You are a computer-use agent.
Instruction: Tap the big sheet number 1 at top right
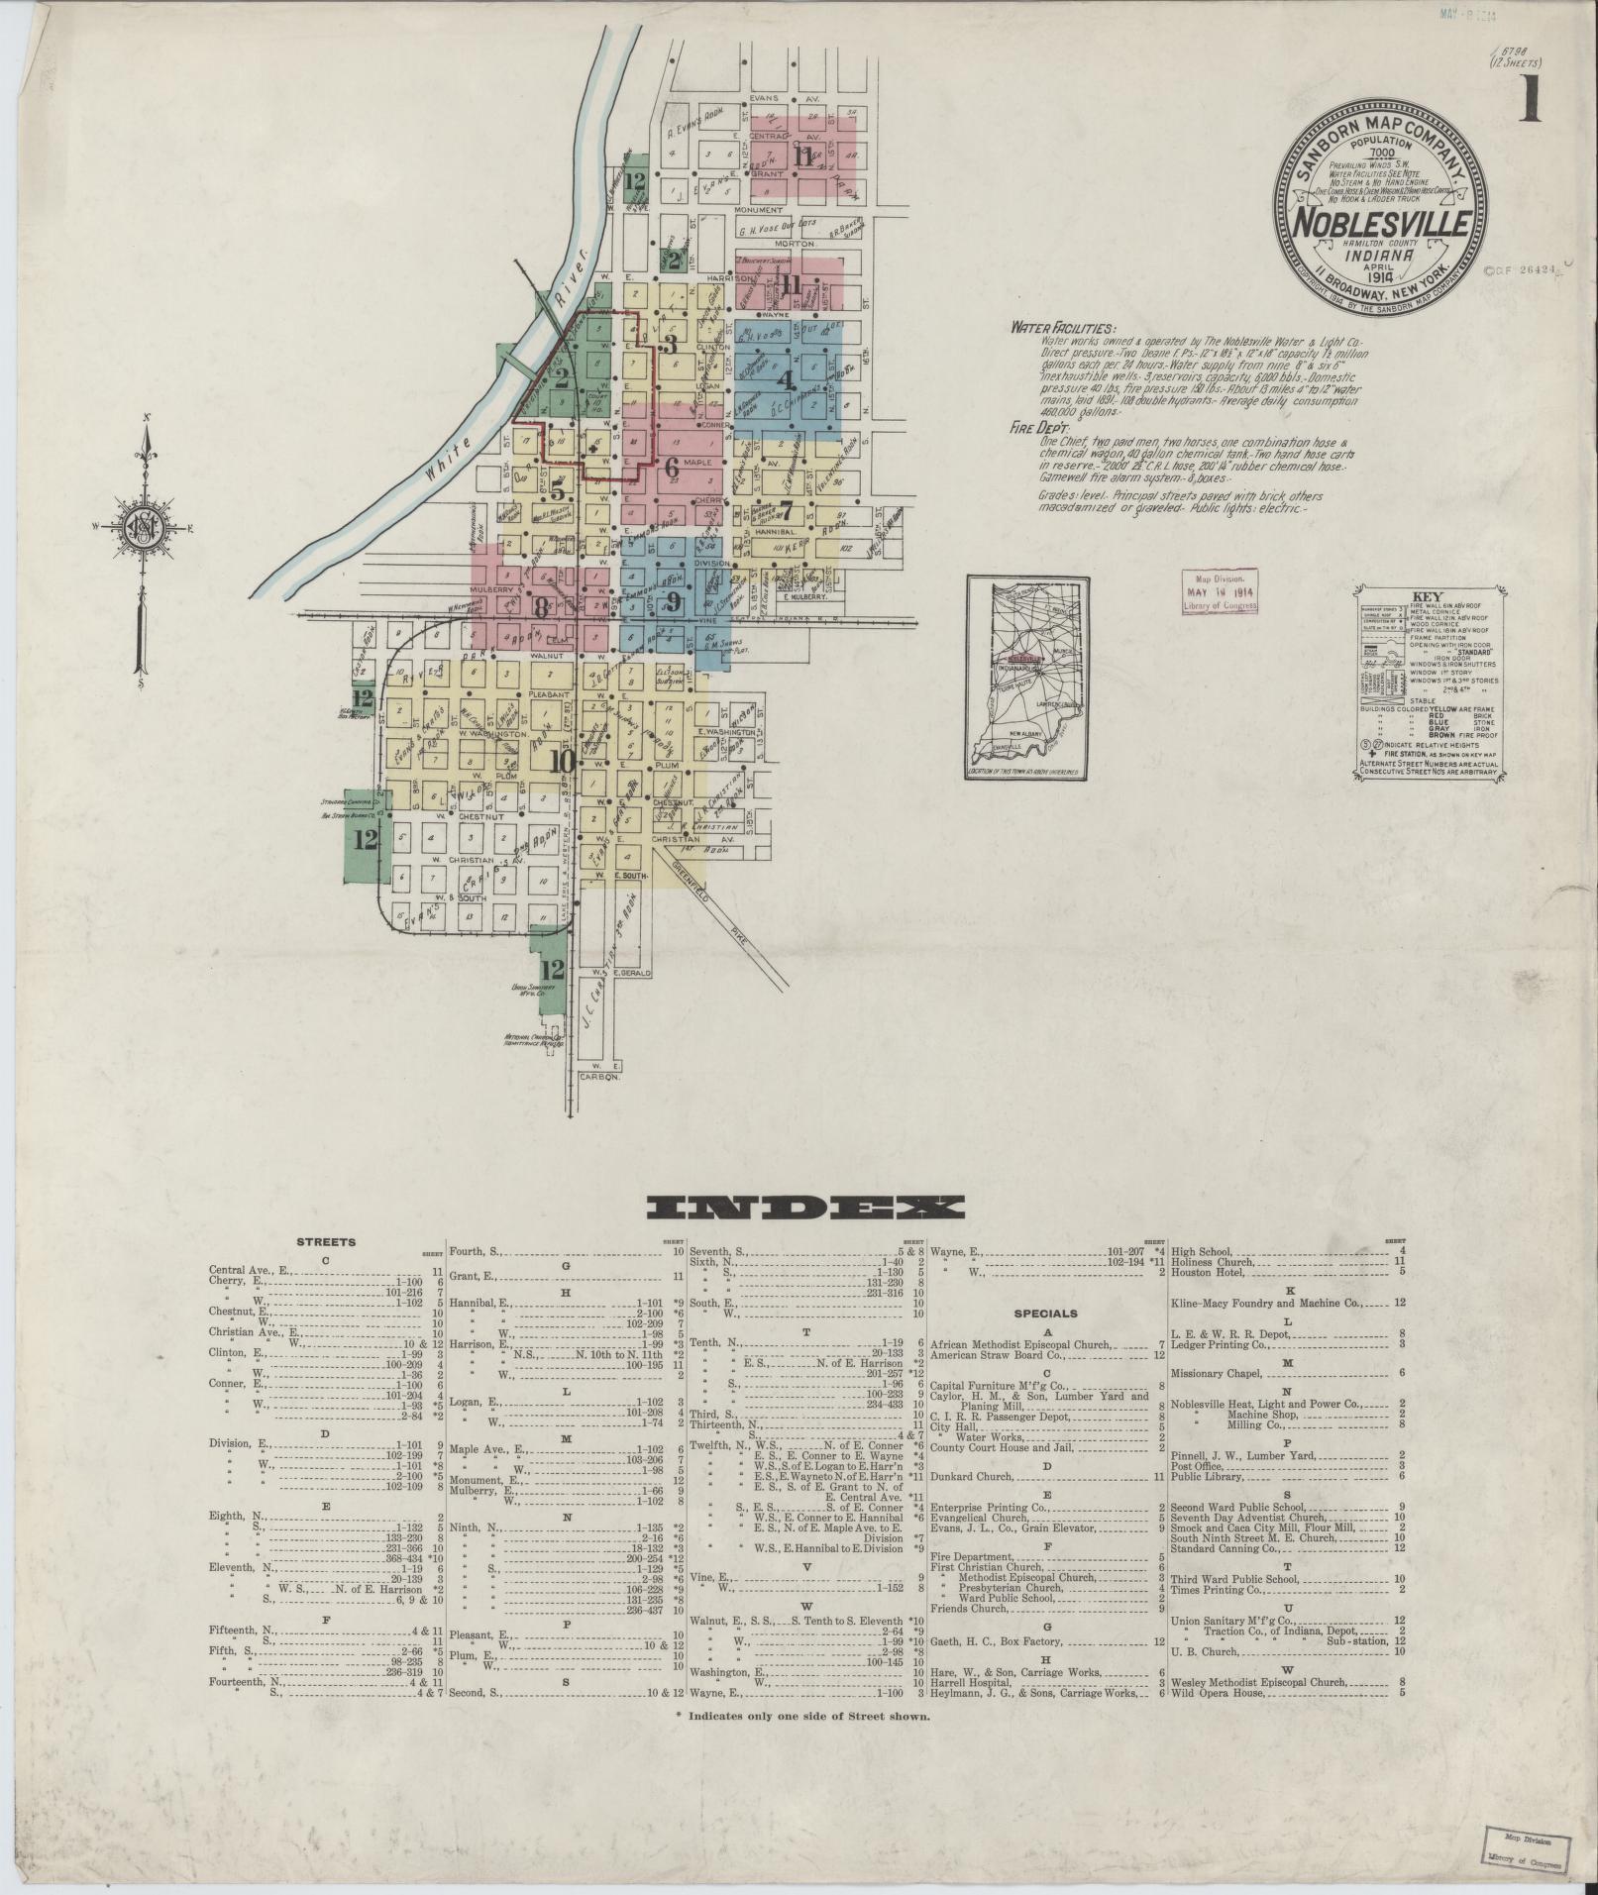[1531, 100]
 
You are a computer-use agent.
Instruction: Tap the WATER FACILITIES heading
[1062, 328]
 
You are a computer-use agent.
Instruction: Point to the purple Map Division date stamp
[1221, 591]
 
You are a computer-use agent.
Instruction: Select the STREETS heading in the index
[326, 1241]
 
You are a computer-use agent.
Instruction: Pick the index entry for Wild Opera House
[1219, 1693]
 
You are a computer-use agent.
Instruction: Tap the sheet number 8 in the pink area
[541, 605]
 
